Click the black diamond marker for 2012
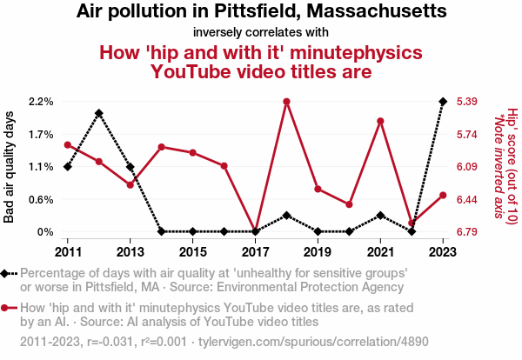coord(98,113)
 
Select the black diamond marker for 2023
coord(443,102)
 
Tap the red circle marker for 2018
coord(286,102)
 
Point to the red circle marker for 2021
coord(380,121)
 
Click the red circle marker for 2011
coord(67,145)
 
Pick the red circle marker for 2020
coord(349,204)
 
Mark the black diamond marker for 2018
coord(286,215)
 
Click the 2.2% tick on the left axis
coord(41,102)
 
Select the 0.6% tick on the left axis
coord(41,199)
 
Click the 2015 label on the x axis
coord(192,251)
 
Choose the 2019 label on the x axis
coord(318,251)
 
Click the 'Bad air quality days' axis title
coord(10,167)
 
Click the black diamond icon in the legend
coord(7,273)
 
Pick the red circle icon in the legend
coord(7,308)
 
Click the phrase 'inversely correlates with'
coord(260,33)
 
